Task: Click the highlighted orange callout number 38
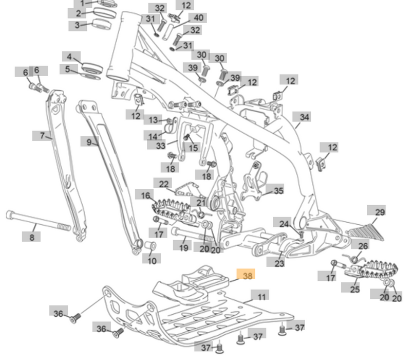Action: coord(248,276)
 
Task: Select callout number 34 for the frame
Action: coord(305,117)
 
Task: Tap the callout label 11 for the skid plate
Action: coord(262,297)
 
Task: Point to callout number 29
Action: coord(380,212)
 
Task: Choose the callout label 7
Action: coord(42,135)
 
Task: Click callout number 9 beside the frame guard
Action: coord(88,141)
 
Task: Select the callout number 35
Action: coord(278,191)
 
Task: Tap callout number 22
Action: coord(164,184)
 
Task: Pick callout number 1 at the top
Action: coord(81,3)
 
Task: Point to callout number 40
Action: coord(198,17)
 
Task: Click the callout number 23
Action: coord(279,264)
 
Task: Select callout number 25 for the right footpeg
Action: coord(354,290)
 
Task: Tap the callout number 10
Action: coord(152,261)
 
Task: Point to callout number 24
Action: coord(284,224)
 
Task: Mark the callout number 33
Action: coord(161,146)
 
